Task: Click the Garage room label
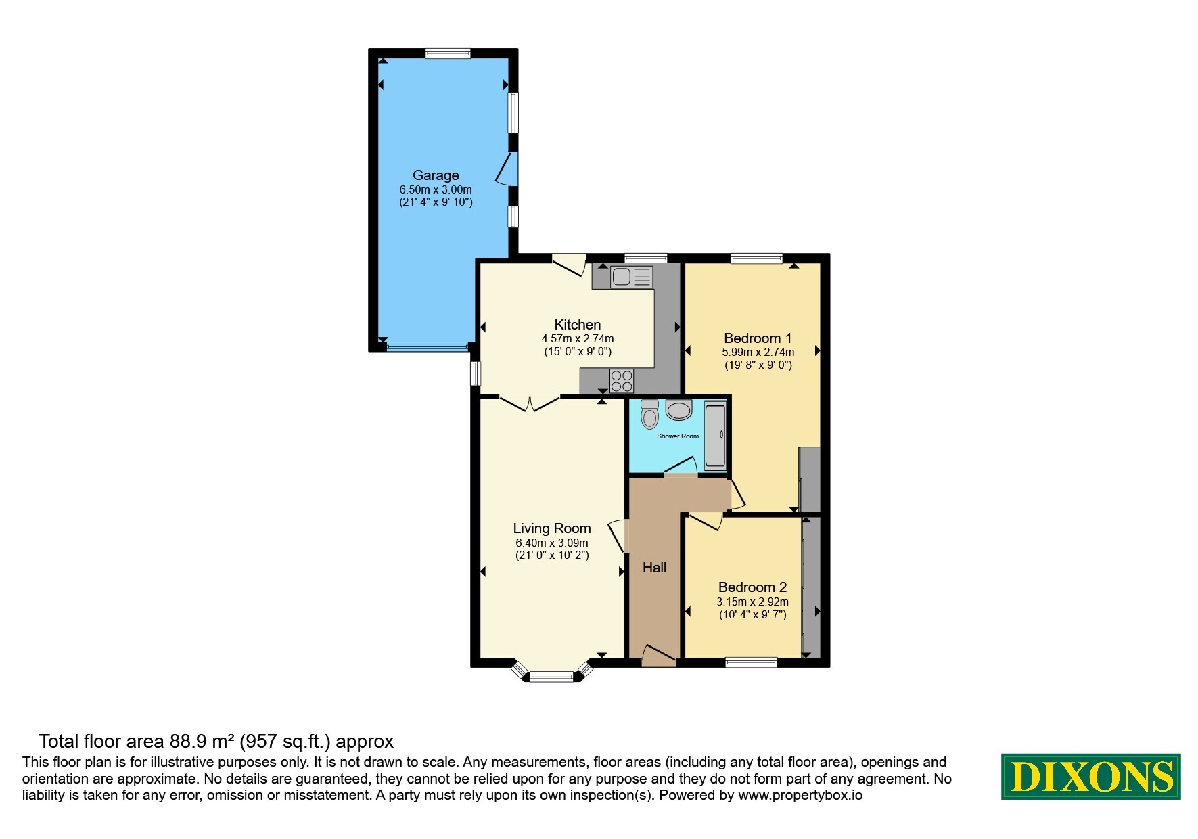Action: click(436, 175)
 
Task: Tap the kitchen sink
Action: click(631, 277)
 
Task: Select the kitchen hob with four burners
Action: click(622, 381)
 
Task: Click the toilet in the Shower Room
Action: click(649, 413)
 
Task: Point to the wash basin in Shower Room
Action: click(678, 409)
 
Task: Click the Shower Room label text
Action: click(678, 436)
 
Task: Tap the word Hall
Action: click(654, 568)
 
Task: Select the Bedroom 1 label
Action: click(758, 338)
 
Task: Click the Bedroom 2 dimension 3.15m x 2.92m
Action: click(752, 602)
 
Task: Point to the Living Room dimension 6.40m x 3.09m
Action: click(552, 543)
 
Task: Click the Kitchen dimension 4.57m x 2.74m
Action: click(578, 338)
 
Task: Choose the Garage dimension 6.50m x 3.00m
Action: click(436, 189)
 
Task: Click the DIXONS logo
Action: click(1090, 776)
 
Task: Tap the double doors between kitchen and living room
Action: click(530, 403)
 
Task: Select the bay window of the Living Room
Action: click(551, 673)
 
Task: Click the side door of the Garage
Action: click(507, 168)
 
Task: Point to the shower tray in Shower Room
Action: click(715, 435)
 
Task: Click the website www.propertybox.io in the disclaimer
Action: click(800, 795)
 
